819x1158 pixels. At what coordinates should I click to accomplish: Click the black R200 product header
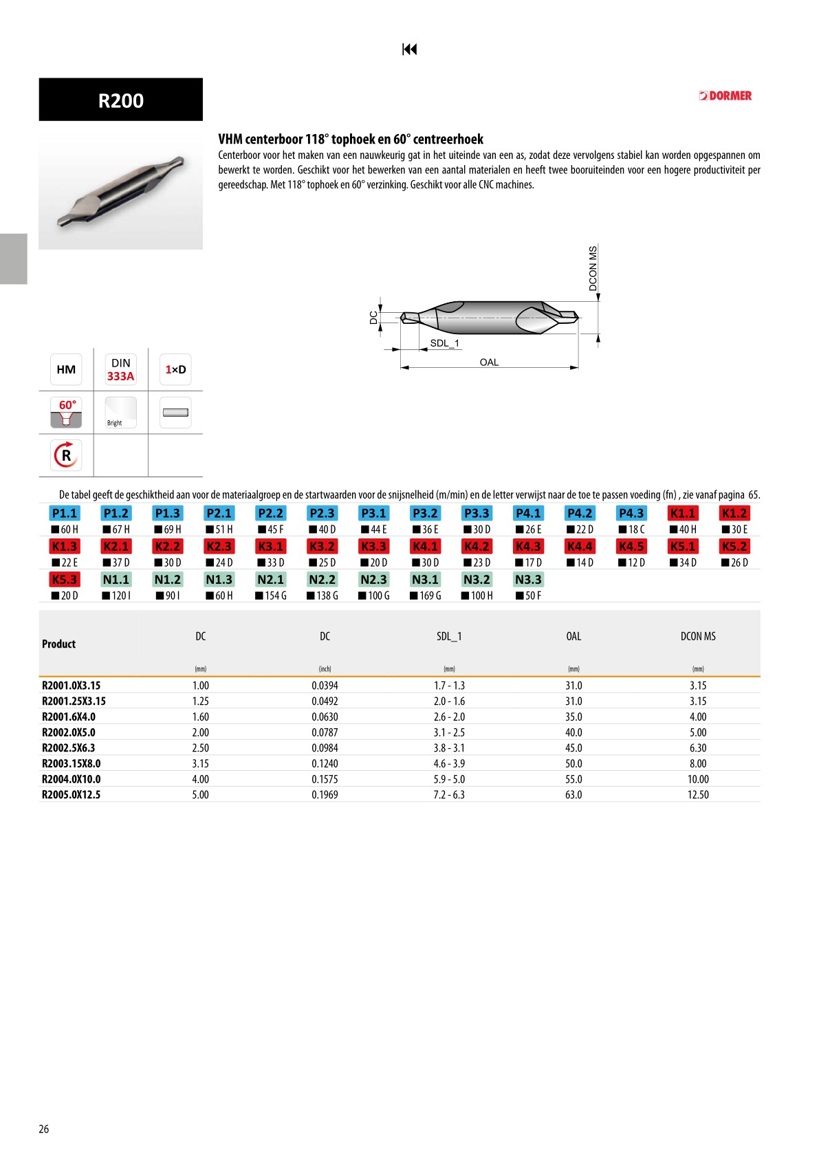point(120,100)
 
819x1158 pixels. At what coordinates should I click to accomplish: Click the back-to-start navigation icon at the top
point(409,49)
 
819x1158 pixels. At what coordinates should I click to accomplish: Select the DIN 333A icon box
point(120,370)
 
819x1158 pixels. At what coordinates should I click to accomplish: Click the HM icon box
point(66,370)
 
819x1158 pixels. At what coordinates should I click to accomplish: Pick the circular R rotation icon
point(66,455)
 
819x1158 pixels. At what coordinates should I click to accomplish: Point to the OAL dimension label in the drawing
point(489,362)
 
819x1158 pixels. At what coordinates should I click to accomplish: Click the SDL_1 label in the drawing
point(444,343)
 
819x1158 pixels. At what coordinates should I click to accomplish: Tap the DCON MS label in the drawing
point(593,268)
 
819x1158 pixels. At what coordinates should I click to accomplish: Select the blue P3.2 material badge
point(425,513)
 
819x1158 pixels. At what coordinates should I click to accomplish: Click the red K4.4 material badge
point(580,546)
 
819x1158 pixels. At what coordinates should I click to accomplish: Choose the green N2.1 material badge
point(270,580)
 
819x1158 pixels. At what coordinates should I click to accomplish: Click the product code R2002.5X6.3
point(69,748)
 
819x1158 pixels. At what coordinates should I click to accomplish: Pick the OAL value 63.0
point(574,795)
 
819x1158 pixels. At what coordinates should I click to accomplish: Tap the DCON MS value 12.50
point(698,795)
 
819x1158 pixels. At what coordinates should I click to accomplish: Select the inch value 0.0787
point(325,732)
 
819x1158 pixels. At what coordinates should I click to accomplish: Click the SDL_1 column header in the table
point(449,637)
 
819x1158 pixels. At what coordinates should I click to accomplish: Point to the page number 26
point(44,1129)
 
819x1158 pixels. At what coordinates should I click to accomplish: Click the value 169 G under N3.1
point(426,596)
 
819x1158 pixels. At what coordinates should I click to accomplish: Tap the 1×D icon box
point(175,370)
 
